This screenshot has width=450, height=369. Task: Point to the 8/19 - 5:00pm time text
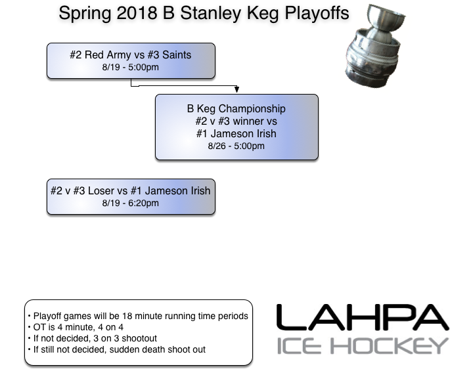(131, 68)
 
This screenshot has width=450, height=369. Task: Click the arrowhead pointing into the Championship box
(236, 90)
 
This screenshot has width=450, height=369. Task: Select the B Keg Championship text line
(236, 108)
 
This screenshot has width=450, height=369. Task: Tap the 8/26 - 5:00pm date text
(236, 146)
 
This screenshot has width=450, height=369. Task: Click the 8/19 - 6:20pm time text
(131, 204)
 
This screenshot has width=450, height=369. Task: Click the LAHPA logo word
(362, 318)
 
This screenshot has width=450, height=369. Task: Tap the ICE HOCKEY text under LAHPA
(362, 346)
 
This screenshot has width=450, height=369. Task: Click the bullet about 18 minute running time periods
(138, 316)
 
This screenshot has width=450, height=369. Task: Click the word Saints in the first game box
(176, 55)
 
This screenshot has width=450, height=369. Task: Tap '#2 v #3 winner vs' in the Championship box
(236, 121)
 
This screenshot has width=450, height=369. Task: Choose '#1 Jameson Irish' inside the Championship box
(236, 134)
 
